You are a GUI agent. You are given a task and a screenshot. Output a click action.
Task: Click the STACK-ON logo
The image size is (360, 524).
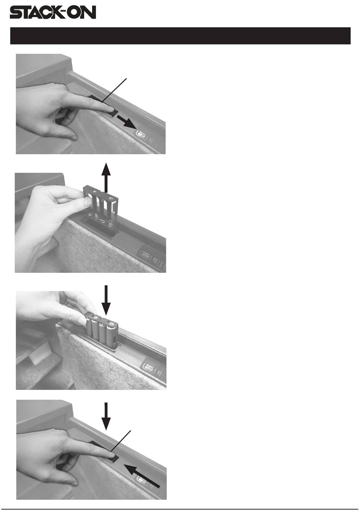[x=53, y=12]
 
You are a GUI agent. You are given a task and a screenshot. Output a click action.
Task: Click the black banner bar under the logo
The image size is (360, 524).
[x=180, y=36]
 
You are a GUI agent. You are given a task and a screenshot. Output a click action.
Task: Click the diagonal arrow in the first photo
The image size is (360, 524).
[x=127, y=121]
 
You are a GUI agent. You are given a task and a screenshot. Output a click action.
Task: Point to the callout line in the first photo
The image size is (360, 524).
[x=114, y=90]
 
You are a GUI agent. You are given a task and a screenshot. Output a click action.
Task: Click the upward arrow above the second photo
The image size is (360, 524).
[x=106, y=178]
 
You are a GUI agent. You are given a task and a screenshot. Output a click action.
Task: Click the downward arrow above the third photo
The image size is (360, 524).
[x=106, y=300]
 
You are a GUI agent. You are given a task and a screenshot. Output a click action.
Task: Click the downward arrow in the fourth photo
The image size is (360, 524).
[x=106, y=416]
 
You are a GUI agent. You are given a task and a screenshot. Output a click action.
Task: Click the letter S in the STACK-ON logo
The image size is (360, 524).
[x=16, y=13]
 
